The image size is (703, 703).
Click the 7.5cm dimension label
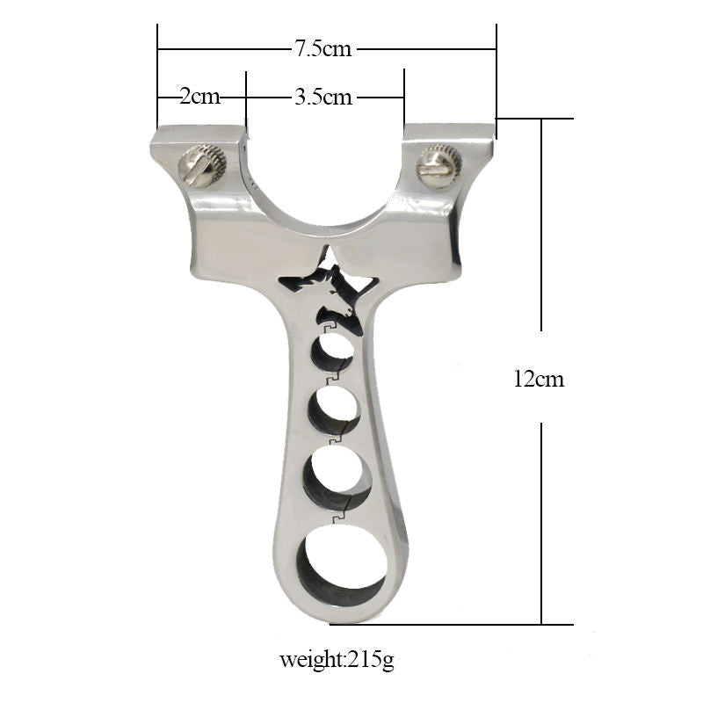coord(323,48)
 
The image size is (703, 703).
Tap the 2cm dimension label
coord(200,97)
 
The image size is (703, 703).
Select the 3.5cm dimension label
coord(323,97)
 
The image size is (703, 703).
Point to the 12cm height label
coord(539,379)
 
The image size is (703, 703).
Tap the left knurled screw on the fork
coord(202,166)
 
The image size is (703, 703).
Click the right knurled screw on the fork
coord(438,165)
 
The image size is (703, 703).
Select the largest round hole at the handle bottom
coord(342,564)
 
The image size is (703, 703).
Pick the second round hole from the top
coord(335,409)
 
